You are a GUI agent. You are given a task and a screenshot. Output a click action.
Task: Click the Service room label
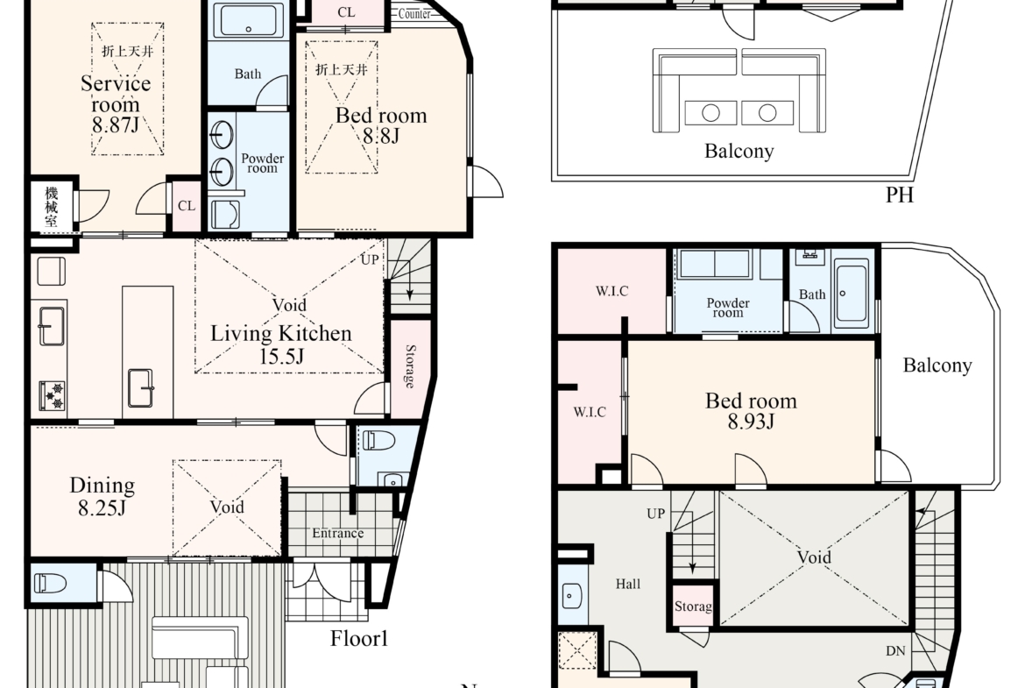(116, 94)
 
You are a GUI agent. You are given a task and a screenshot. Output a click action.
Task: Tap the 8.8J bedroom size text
(380, 136)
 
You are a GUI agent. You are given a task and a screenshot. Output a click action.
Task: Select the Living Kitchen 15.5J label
(281, 344)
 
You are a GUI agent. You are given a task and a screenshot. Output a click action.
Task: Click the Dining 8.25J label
(102, 496)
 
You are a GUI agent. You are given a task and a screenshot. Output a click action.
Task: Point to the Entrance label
(337, 533)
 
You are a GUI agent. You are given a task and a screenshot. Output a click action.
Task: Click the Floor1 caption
(359, 638)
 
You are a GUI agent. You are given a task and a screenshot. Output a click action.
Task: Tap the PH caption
(900, 195)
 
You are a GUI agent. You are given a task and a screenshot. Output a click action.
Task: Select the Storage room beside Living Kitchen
(410, 367)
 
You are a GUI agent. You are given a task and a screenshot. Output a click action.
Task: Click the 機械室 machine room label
(52, 207)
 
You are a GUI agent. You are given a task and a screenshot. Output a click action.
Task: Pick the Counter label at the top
(414, 14)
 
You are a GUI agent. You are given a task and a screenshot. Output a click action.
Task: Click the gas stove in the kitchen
(52, 395)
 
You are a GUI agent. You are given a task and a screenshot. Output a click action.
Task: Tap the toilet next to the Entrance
(379, 440)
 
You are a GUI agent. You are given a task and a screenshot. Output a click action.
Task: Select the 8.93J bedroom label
(751, 411)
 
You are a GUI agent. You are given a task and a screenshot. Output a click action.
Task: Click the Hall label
(627, 584)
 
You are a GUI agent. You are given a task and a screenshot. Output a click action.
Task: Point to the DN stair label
(895, 650)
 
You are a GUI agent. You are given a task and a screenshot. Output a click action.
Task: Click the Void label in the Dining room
(227, 507)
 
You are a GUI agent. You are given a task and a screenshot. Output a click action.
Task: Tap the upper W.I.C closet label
(611, 291)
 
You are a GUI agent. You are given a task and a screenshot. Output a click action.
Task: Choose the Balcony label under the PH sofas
(739, 151)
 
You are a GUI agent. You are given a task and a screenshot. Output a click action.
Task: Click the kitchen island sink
(140, 388)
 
